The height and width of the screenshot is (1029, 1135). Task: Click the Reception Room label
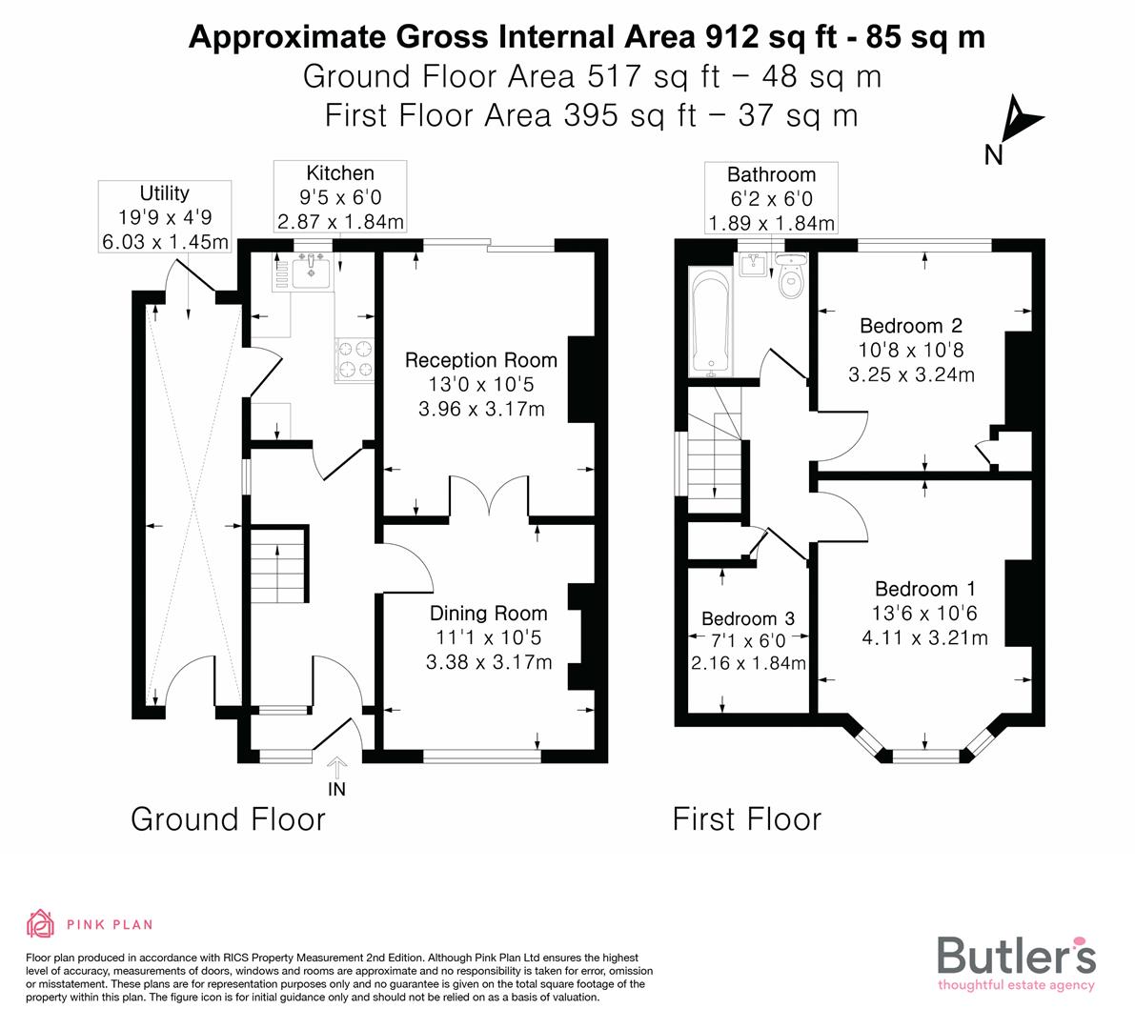click(480, 360)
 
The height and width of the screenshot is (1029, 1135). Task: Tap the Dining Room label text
click(488, 614)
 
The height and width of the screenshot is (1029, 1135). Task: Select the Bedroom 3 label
click(747, 618)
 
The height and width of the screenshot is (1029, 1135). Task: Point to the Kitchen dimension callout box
click(340, 197)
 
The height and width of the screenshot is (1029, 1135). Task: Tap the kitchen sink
click(313, 272)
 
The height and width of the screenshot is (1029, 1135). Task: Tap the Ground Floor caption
click(228, 819)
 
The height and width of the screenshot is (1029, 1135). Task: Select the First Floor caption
click(746, 819)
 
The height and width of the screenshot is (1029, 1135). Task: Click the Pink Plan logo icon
click(41, 923)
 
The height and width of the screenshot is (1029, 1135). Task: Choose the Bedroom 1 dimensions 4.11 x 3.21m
click(924, 637)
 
